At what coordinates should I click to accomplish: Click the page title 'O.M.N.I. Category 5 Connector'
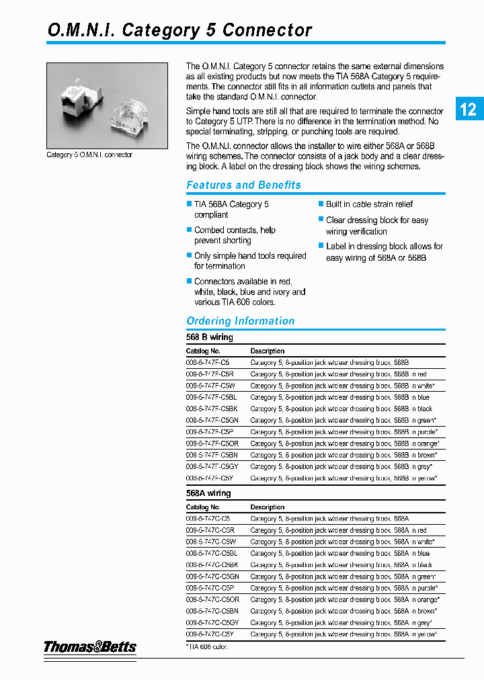pos(179,30)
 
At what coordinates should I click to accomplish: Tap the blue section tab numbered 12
pos(469,109)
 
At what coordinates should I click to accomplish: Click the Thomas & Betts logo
pos(90,647)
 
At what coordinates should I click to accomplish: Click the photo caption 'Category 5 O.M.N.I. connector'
pos(89,155)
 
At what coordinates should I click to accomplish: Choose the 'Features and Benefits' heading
pos(243,185)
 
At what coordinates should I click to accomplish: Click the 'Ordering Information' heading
pos(240,321)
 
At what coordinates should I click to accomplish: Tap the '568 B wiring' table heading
pos(209,337)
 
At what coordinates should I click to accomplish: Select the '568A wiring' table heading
pos(208,493)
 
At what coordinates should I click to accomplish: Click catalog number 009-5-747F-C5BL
pos(211,397)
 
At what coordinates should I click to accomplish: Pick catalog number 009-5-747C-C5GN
pos(212,577)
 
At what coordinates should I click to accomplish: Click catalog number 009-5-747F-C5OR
pos(212,443)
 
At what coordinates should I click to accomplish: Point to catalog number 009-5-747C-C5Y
pos(210,634)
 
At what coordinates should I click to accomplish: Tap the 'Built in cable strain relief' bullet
pos(369,204)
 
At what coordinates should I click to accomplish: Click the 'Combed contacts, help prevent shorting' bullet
pos(235,235)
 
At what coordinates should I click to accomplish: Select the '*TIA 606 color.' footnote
pos(207,646)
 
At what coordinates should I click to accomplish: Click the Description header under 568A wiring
pos(267,507)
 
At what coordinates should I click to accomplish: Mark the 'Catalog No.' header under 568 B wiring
pos(203,351)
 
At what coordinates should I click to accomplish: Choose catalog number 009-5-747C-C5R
pos(210,530)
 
